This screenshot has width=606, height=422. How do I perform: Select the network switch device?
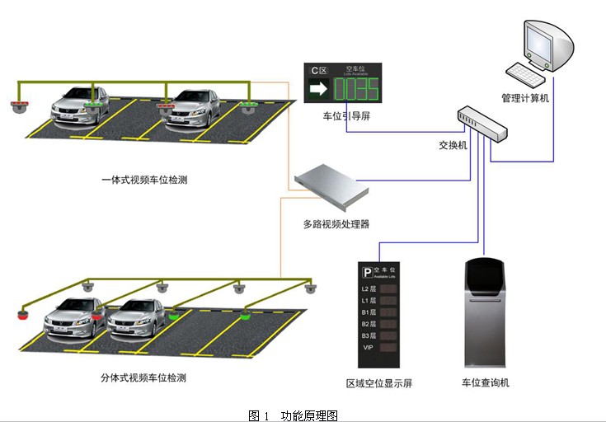click(x=482, y=124)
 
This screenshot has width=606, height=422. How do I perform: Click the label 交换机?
click(x=453, y=145)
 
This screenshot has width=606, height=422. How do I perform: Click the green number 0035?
click(x=355, y=87)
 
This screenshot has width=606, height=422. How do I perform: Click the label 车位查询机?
click(x=486, y=382)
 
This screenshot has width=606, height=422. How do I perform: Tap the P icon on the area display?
click(x=367, y=272)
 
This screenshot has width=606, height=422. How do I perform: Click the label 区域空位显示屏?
click(x=379, y=383)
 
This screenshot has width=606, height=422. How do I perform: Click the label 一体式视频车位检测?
click(x=144, y=180)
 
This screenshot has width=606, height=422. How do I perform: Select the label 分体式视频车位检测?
click(x=143, y=377)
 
